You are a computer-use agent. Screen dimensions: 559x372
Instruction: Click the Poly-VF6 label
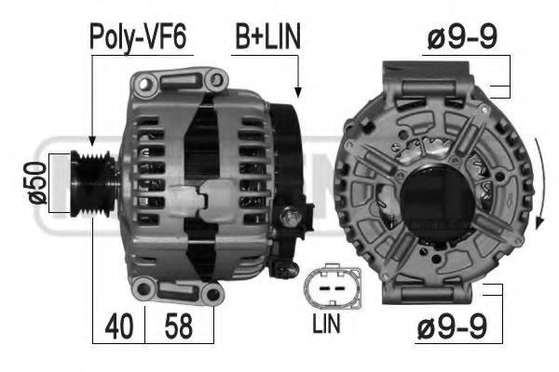pos(138,36)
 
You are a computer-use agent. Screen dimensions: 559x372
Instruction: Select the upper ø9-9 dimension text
pos(462,37)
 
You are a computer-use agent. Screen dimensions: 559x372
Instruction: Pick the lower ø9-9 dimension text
pos(452,326)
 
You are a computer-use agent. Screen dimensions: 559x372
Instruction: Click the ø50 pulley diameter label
pos(38,182)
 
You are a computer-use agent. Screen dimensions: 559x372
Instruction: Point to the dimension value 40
pos(119,326)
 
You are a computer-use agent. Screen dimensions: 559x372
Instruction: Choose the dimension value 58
pos(178,326)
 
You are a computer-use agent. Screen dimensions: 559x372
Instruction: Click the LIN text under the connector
pos(326,324)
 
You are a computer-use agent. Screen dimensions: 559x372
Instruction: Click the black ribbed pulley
pos(92,183)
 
